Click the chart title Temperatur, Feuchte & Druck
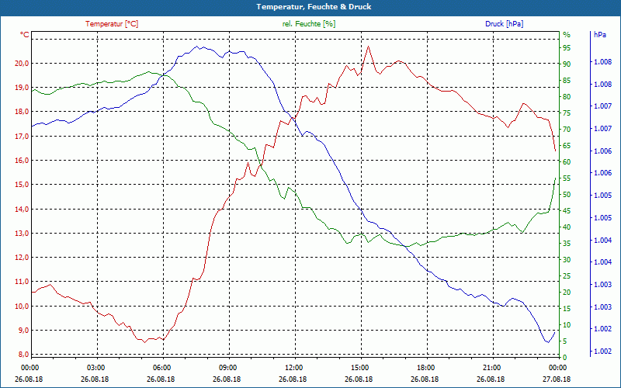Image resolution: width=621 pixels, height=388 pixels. tap(310, 7)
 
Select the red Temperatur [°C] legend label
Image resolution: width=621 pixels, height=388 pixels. tap(112, 24)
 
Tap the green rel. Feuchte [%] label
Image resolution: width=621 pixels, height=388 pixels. tap(309, 24)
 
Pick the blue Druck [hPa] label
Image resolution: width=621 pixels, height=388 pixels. tap(504, 24)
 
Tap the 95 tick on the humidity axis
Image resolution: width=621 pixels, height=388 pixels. tap(567, 47)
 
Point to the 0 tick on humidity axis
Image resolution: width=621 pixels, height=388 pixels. tap(564, 357)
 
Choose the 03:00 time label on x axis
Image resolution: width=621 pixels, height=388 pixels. tap(95, 368)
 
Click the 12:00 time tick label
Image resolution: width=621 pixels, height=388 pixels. tap(293, 368)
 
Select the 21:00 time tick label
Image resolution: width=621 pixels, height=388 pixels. tap(491, 368)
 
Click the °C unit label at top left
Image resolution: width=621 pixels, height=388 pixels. tap(25, 35)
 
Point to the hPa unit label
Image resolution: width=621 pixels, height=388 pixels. tap(600, 35)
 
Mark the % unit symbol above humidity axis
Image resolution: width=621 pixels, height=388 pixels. tap(566, 35)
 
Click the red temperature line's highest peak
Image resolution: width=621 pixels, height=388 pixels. tap(368, 47)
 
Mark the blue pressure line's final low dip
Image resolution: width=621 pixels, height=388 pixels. tap(547, 341)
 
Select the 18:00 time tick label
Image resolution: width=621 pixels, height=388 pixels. tap(425, 368)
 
